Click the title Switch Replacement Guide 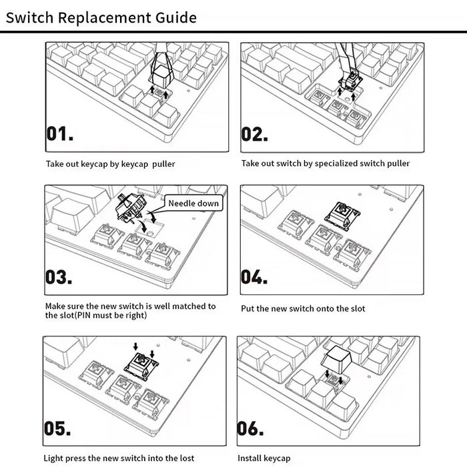[101, 17]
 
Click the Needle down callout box [193, 203]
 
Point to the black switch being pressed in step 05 [143, 364]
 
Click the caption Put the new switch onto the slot [303, 308]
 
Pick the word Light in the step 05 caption [54, 458]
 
